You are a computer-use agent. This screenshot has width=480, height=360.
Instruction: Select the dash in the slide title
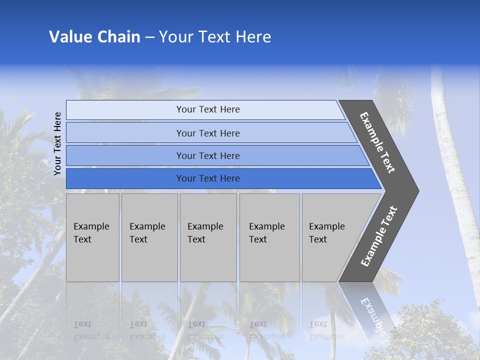[x=149, y=37]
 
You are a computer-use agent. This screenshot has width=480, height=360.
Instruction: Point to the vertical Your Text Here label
[x=57, y=144]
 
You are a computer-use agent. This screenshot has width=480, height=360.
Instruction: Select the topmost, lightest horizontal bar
[x=207, y=109]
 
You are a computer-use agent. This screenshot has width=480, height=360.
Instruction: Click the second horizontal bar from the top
[x=207, y=133]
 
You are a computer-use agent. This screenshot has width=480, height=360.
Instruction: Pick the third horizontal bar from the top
[x=207, y=155]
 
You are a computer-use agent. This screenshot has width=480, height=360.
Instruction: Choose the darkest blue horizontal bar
[x=207, y=178]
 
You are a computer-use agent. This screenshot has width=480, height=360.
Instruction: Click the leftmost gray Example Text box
[x=92, y=237]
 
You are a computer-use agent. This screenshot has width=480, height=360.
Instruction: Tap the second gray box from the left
[x=149, y=237]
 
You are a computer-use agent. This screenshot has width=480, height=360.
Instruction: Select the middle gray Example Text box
[x=208, y=237]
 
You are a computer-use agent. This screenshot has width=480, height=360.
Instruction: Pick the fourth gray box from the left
[x=269, y=237]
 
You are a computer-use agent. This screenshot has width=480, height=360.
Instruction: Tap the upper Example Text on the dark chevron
[x=377, y=142]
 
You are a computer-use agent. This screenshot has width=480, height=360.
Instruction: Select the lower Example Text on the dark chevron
[x=378, y=236]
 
